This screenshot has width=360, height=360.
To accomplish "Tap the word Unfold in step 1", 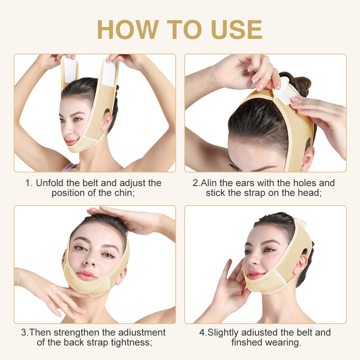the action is [49, 183].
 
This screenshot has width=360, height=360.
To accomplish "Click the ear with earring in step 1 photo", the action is [106, 122].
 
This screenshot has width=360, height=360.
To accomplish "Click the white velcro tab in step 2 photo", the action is [284, 92].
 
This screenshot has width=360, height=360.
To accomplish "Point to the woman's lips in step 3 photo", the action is [86, 275].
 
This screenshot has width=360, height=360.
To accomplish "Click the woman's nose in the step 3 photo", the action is [90, 260].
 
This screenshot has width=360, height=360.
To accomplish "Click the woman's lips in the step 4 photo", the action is [254, 275].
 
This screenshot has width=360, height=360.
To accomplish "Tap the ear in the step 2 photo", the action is [307, 158].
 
